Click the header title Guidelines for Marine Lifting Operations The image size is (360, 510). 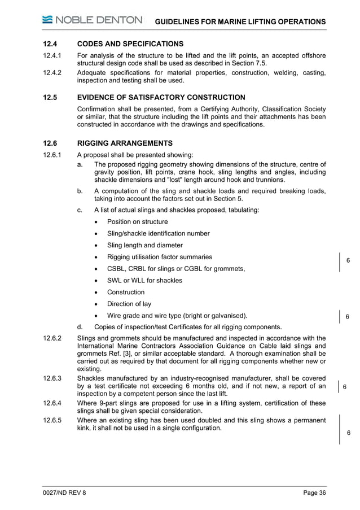click(240, 21)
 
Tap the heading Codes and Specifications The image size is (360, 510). click(130, 43)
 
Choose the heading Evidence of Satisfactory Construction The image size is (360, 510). click(161, 97)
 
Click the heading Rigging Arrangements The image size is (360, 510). click(125, 143)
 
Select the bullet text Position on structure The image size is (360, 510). click(137, 221)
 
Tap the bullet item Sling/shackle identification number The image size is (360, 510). click(158, 233)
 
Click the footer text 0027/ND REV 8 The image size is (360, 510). click(65, 493)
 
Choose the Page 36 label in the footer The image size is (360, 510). click(314, 493)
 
